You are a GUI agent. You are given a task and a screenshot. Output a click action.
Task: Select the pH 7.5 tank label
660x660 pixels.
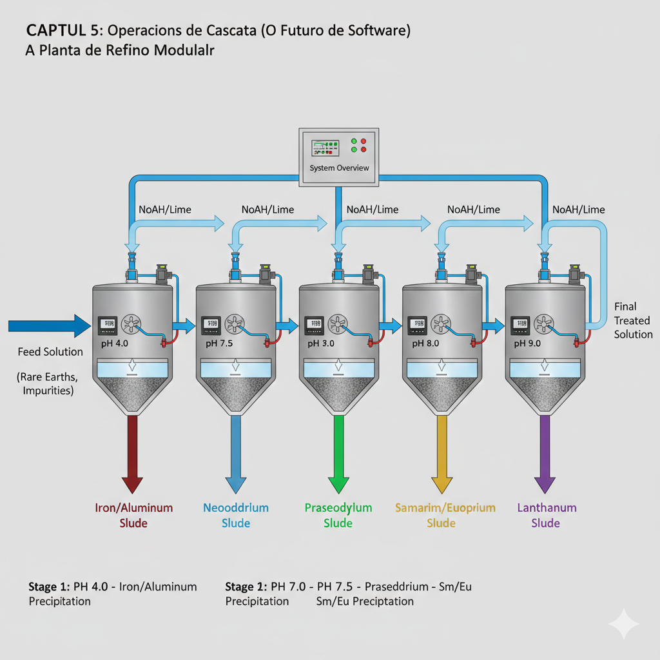coord(219,344)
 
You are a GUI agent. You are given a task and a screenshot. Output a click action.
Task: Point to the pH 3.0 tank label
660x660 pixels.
coord(321,344)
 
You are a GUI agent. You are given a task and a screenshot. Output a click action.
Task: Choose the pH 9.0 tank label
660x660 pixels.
coord(528,344)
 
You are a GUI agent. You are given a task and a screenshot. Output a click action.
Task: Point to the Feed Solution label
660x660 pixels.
coord(50,352)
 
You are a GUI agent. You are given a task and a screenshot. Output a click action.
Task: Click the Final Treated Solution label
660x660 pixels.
coord(633,320)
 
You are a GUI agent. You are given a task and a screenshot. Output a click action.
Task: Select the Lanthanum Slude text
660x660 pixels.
coord(547,515)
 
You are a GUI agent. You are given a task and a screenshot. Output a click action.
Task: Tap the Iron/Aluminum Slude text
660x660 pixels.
coord(133,515)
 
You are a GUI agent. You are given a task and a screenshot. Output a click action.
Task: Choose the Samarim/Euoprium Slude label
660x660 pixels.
coord(445,515)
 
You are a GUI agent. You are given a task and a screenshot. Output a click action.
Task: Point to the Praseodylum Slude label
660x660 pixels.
coord(338,515)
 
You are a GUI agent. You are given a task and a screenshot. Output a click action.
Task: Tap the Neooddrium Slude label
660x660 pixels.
coord(236,515)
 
